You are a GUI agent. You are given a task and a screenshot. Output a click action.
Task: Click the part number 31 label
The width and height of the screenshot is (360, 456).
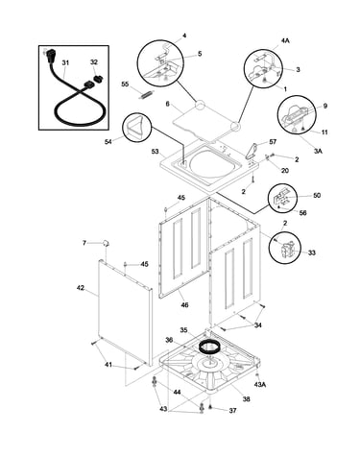point(65,62)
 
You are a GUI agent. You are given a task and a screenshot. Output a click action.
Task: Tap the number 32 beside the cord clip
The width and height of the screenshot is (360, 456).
point(94,62)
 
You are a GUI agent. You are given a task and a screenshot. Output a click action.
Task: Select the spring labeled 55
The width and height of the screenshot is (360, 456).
point(145,95)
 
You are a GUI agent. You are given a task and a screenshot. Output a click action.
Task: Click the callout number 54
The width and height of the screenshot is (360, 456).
point(108,141)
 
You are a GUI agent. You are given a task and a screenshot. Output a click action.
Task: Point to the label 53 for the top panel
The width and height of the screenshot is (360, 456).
point(156,151)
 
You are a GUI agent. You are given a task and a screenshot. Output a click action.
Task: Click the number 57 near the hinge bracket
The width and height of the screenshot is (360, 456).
point(273,141)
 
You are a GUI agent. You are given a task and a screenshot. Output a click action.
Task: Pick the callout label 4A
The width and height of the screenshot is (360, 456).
point(285,40)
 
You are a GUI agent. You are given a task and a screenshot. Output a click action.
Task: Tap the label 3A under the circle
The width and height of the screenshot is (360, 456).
point(318,151)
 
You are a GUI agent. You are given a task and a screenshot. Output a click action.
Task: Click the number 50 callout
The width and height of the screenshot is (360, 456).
point(317,195)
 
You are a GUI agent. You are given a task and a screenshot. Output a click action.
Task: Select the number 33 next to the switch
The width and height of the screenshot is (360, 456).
point(312,252)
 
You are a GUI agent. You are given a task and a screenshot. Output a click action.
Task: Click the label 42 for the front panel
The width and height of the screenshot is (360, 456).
point(81,288)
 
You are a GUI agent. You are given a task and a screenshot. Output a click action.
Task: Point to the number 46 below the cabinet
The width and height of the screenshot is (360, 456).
point(184,304)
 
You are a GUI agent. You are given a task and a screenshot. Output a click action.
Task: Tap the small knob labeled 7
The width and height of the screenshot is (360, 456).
point(106,243)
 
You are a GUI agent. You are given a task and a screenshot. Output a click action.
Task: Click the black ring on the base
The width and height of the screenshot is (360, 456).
point(207,346)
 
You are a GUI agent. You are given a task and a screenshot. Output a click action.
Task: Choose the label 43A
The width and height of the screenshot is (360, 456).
point(260,385)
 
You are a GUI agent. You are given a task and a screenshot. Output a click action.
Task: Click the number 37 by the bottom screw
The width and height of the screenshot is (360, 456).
point(232,410)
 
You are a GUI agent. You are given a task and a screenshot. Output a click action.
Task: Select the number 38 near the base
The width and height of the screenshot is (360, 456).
point(246,399)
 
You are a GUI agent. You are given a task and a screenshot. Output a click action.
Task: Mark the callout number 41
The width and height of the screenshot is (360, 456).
point(108,364)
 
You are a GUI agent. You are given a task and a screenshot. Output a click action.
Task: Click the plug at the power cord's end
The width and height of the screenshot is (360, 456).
point(49,55)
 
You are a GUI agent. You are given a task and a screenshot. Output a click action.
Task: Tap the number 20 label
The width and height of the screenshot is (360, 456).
point(285,170)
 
